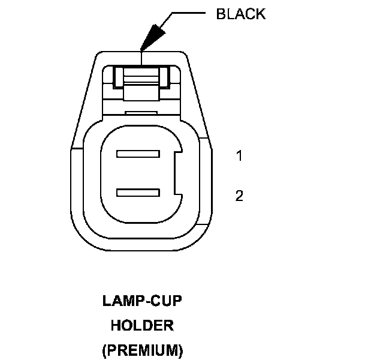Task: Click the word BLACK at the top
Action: pyautogui.click(x=240, y=14)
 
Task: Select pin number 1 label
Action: pyautogui.click(x=239, y=157)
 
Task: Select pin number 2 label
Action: pyautogui.click(x=239, y=196)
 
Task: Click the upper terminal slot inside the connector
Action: pyautogui.click(x=138, y=154)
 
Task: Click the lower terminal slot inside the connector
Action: pyautogui.click(x=138, y=193)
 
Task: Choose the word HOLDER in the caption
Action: pyautogui.click(x=143, y=325)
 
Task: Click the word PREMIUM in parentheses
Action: pyautogui.click(x=143, y=349)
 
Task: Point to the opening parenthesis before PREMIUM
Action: pyautogui.click(x=105, y=350)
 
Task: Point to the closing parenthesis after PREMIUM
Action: pyautogui.click(x=180, y=350)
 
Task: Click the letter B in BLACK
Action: pyautogui.click(x=220, y=14)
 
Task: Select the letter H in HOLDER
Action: pyautogui.click(x=116, y=325)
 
